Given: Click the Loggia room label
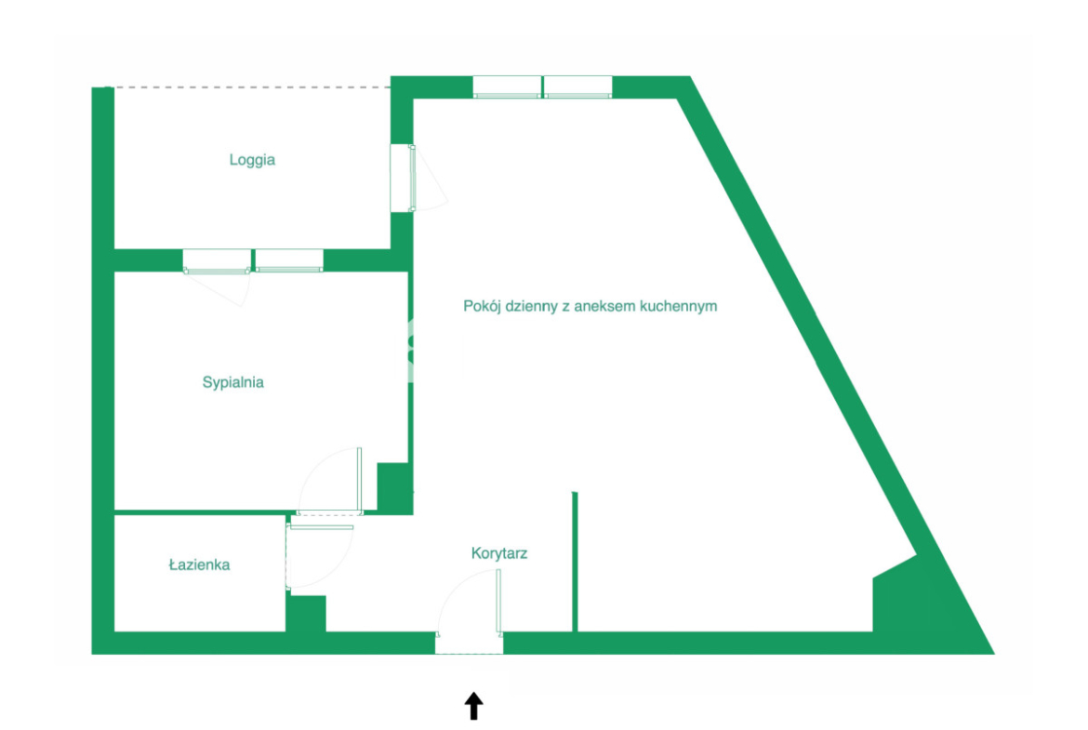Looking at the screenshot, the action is [x=252, y=160].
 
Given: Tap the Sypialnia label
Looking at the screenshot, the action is [x=233, y=382].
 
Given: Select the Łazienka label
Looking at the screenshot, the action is [x=199, y=564].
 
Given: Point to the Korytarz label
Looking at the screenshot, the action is [x=498, y=553].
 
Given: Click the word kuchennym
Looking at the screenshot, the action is [x=679, y=306].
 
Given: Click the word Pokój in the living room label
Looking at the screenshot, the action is [x=483, y=306].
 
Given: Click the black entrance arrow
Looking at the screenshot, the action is [x=474, y=706].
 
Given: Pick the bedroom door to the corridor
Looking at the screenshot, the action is [x=330, y=480].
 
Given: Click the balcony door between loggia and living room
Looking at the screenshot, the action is [x=418, y=178].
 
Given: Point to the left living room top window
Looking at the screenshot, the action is [x=507, y=86].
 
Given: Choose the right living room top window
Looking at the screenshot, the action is [x=578, y=86].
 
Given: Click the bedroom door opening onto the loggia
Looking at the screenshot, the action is [x=217, y=277].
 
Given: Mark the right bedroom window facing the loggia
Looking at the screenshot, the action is [x=289, y=260].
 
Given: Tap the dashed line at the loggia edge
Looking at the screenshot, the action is [x=247, y=87].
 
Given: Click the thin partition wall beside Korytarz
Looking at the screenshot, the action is [x=575, y=562].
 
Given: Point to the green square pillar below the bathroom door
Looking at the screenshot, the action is [x=306, y=614].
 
